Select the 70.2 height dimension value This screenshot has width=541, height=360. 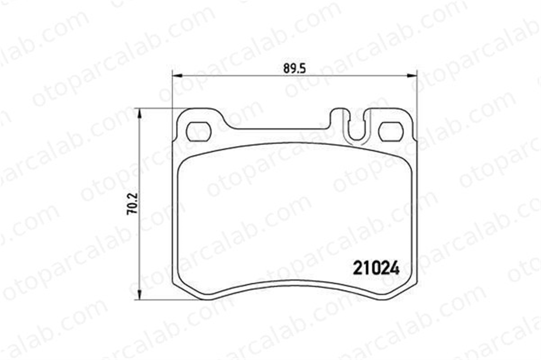pos(133,203)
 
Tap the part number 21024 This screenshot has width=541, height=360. pos(375,268)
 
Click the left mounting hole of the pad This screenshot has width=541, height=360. pos(199,132)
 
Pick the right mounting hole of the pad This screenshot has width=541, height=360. pos(391,132)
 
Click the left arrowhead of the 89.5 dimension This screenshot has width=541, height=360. pos(177,76)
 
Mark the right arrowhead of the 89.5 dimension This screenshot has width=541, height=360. pos(412,76)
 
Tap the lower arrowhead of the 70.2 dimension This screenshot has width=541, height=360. pos(140,294)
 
